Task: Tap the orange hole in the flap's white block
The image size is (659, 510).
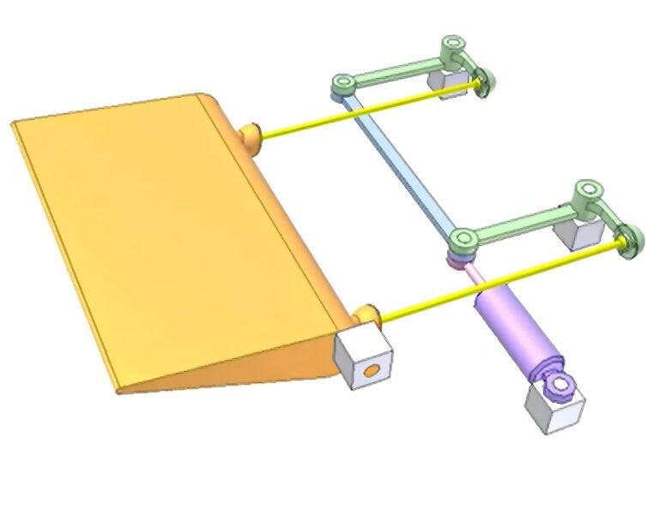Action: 371,371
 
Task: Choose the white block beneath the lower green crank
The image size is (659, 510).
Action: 570,232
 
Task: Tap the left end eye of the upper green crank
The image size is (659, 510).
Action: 343,83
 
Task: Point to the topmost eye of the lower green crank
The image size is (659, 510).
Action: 588,190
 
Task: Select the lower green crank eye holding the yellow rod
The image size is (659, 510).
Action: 630,240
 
